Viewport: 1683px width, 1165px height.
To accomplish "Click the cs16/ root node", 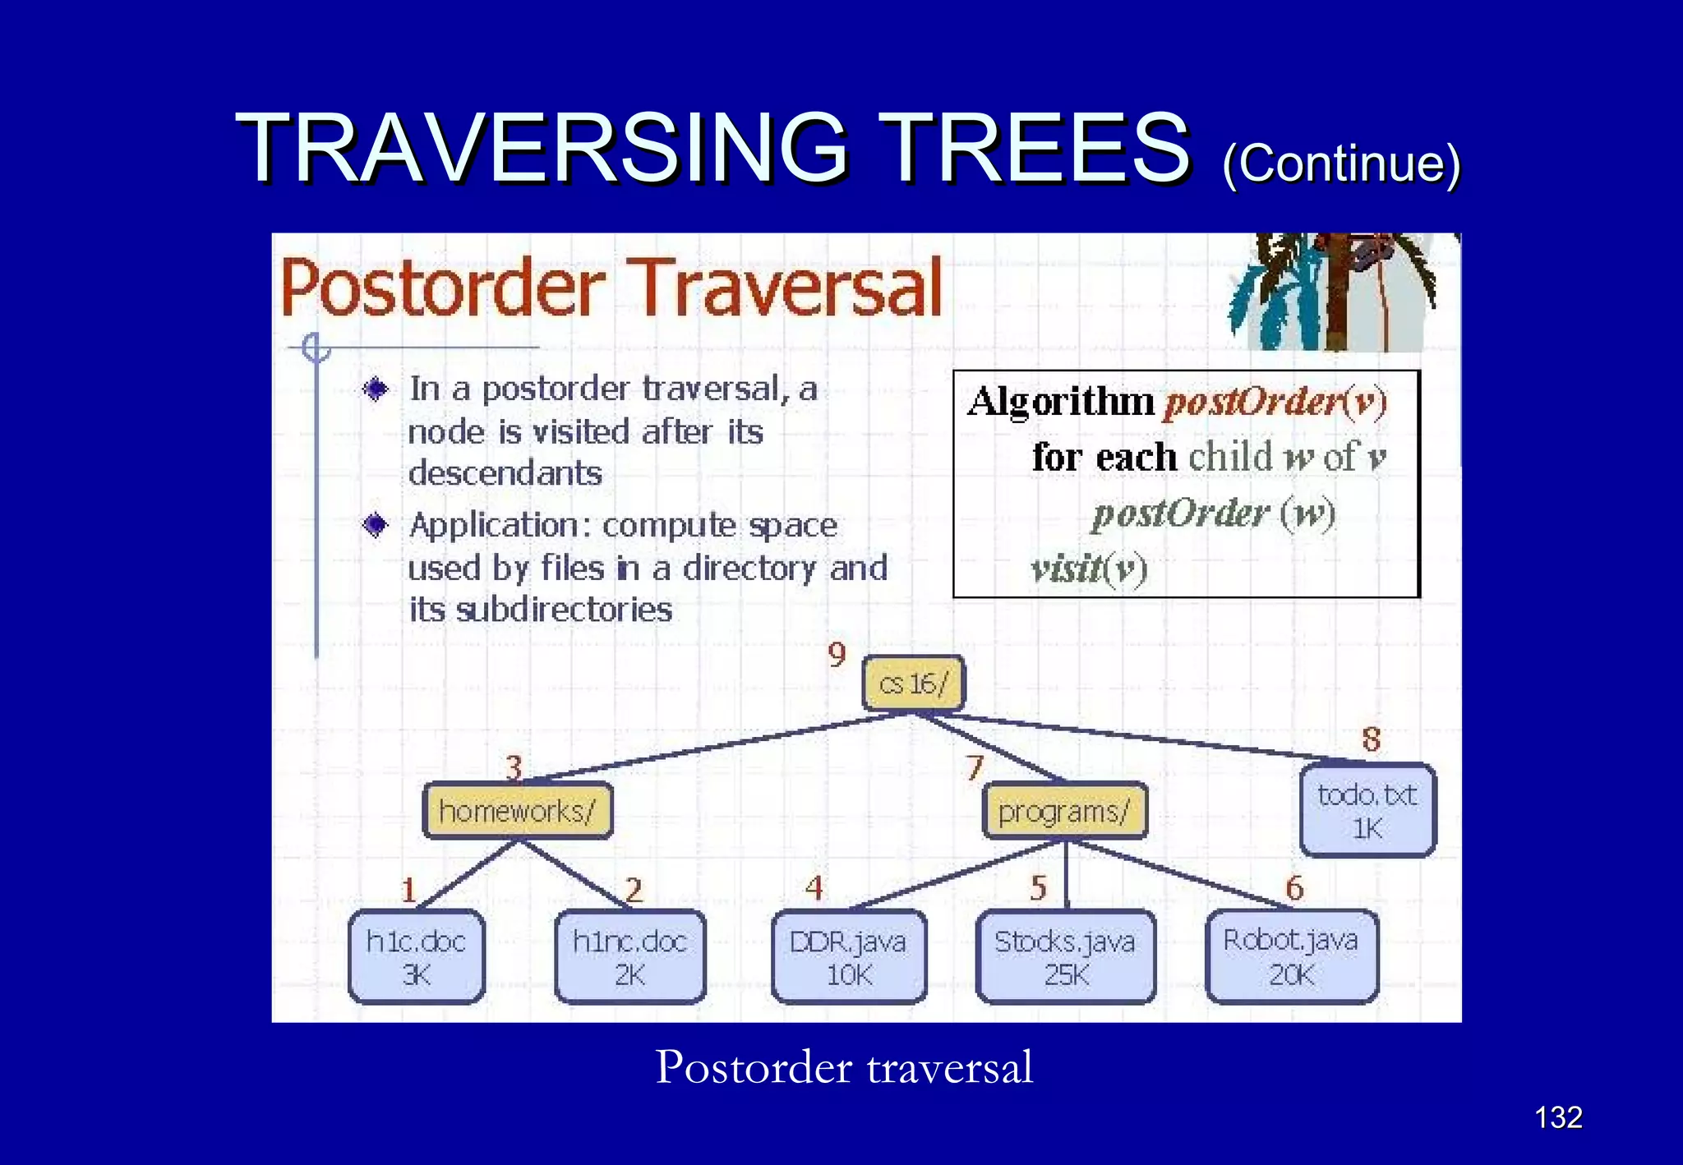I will click(913, 684).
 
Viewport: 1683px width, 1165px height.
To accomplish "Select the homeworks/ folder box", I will click(517, 811).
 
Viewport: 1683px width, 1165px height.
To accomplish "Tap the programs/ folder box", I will click(1064, 811).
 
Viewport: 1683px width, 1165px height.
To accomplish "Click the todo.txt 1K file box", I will click(1367, 811).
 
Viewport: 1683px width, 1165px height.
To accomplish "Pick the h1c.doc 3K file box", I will click(416, 957).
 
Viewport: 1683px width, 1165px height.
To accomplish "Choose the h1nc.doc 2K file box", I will click(629, 957).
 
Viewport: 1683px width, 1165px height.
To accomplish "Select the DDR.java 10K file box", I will click(849, 957).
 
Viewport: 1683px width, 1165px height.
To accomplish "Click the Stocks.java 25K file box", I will click(1065, 957).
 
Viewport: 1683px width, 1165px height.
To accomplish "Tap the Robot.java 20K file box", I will click(1291, 957).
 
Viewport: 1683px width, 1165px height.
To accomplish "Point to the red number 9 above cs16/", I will click(837, 655).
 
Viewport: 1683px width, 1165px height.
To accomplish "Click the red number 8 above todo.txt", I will click(1371, 739).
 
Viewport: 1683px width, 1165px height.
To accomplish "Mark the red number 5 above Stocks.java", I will click(1038, 888).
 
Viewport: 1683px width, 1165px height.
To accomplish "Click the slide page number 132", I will click(1558, 1117).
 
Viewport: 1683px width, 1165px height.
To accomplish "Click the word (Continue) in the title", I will click(1341, 163).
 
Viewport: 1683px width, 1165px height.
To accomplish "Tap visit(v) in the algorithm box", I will click(1089, 568).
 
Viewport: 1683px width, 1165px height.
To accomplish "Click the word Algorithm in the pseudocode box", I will click(1061, 403).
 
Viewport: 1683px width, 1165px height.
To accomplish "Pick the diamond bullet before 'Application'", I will click(376, 524).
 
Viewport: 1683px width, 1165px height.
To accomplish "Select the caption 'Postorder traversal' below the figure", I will click(844, 1067).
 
